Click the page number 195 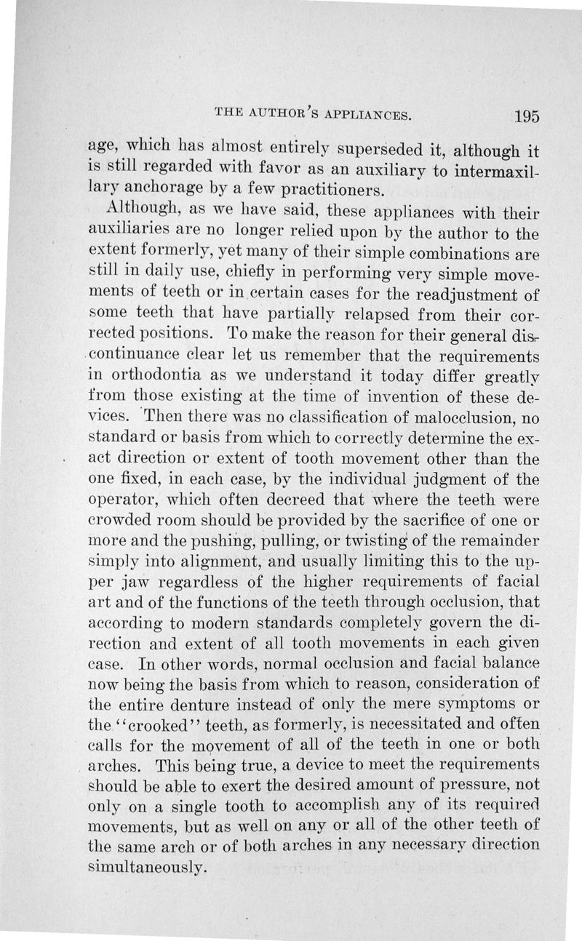coord(524,116)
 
